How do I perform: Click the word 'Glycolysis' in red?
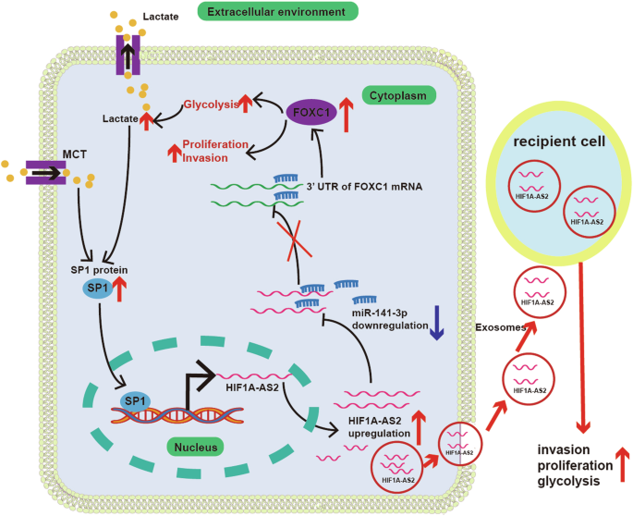pos(212,105)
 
